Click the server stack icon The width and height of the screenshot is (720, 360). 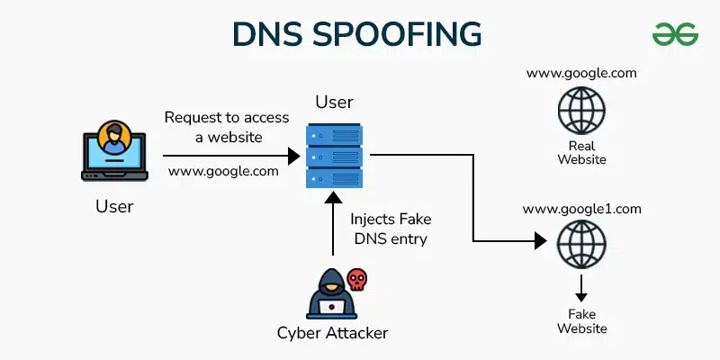(x=334, y=155)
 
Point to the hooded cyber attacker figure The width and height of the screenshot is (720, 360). (x=329, y=294)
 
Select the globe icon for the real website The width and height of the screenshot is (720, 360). (x=581, y=112)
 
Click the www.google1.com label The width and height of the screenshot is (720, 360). (x=581, y=209)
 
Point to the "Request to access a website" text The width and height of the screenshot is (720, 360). (x=227, y=127)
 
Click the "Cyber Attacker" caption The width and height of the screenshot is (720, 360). (x=332, y=333)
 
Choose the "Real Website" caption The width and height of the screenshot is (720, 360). (x=581, y=152)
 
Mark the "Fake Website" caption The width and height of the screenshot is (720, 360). (x=581, y=320)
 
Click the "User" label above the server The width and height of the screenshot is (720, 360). (x=334, y=102)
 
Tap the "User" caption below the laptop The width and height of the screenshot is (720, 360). (x=114, y=206)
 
